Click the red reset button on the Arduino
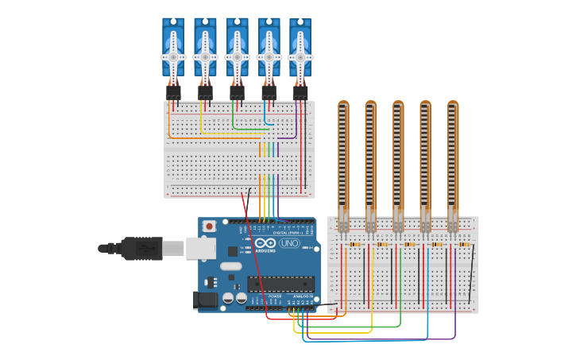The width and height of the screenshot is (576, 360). (209, 226)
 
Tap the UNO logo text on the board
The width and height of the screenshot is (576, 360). (289, 242)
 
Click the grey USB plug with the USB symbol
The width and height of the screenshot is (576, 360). (143, 248)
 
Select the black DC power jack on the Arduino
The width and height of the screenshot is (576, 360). (204, 300)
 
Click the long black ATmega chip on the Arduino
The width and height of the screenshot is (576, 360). (280, 284)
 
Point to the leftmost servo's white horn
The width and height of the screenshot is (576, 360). (173, 57)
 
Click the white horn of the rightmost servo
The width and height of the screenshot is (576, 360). (300, 57)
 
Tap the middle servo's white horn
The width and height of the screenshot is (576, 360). (237, 57)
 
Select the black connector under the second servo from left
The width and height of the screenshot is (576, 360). (205, 92)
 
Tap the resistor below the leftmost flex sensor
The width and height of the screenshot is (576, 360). (355, 244)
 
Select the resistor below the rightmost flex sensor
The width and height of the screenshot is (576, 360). (465, 244)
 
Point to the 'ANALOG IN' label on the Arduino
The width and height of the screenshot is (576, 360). (303, 296)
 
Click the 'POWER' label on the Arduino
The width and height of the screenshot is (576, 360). (275, 296)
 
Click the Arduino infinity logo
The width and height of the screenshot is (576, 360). (265, 242)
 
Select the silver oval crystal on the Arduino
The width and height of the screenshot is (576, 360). (230, 265)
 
